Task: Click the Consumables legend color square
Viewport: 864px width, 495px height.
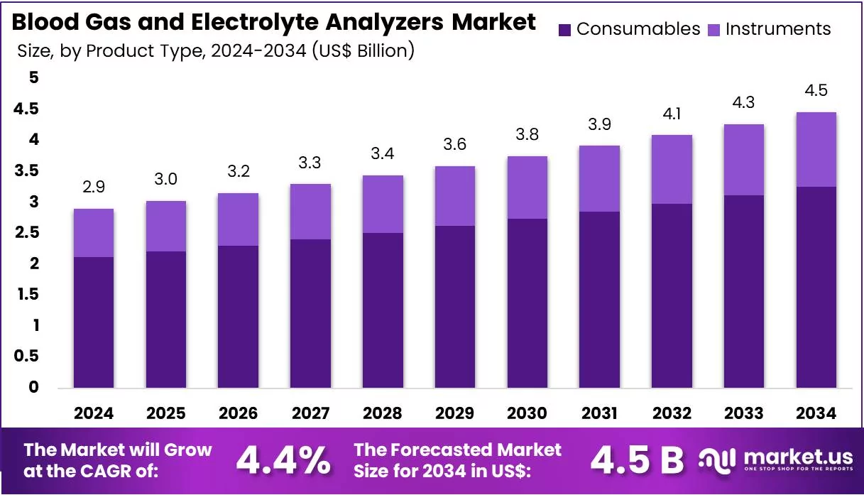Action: (x=564, y=30)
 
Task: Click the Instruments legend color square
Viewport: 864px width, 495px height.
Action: (x=713, y=30)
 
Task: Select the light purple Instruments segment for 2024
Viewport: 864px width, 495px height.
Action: (x=94, y=233)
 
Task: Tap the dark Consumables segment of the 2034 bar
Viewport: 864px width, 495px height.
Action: (x=816, y=288)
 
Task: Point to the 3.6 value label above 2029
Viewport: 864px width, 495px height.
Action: (x=455, y=144)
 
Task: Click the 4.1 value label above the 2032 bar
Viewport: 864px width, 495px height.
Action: (x=672, y=114)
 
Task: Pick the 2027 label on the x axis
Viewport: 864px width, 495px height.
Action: (x=310, y=413)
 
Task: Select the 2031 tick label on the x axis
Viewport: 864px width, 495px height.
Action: (x=599, y=413)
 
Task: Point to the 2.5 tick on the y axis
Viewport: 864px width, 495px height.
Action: (x=27, y=232)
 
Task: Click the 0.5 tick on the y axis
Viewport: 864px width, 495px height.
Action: (x=27, y=356)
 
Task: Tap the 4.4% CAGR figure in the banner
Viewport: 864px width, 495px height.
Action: (x=283, y=461)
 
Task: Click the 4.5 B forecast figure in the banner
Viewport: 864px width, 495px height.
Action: (x=637, y=461)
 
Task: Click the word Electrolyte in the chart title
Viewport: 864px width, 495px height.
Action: (x=255, y=22)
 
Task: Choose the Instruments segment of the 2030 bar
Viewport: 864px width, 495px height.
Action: (x=527, y=187)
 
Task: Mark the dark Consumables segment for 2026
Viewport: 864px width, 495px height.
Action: (x=238, y=317)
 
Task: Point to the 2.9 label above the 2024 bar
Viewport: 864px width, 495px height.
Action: (x=94, y=187)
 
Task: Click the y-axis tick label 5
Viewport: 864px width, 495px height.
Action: (x=34, y=77)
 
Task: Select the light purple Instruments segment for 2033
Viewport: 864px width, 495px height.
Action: (x=743, y=160)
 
